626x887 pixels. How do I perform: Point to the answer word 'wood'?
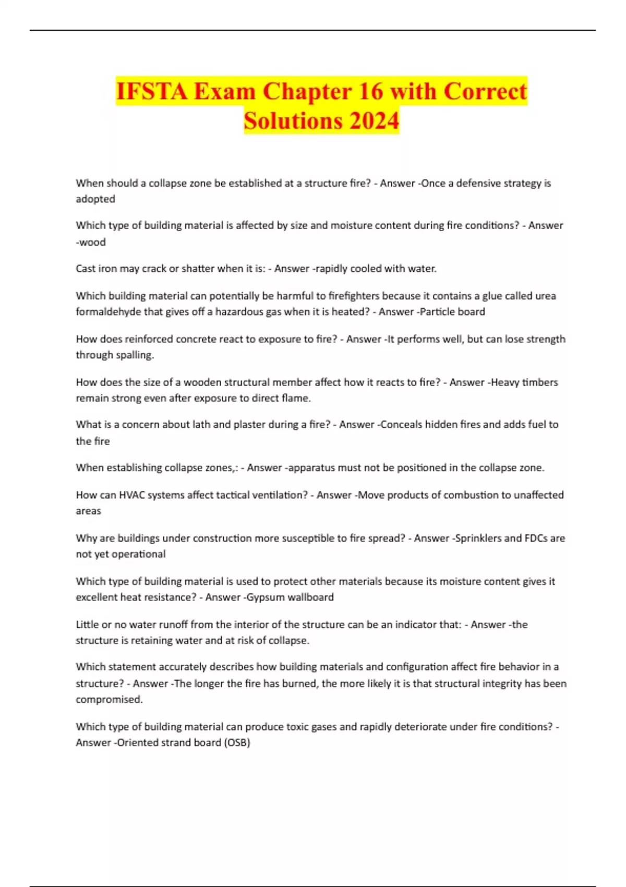tap(92, 242)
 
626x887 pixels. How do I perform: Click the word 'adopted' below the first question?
tap(95, 199)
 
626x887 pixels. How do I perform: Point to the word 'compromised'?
tap(109, 699)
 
